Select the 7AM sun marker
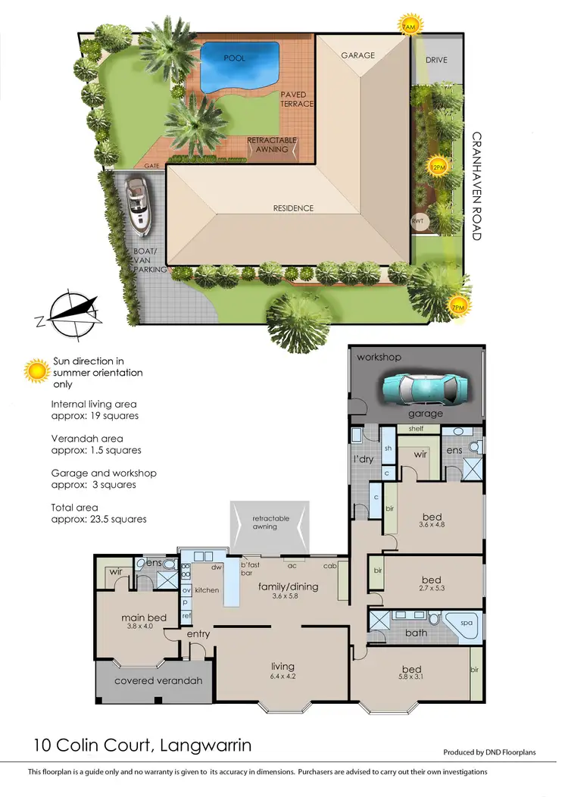pyautogui.click(x=410, y=24)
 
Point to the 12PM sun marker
pyautogui.click(x=438, y=167)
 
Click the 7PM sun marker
pyautogui.click(x=458, y=307)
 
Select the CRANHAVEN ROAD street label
pyautogui.click(x=476, y=186)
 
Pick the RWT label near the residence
pyautogui.click(x=417, y=221)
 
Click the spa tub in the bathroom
pyautogui.click(x=464, y=625)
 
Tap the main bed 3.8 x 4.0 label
pyautogui.click(x=143, y=622)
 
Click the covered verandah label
pyautogui.click(x=158, y=680)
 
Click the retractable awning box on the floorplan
pyautogui.click(x=270, y=524)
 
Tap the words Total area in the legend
pyautogui.click(x=75, y=508)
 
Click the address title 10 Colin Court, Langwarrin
pyautogui.click(x=142, y=745)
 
